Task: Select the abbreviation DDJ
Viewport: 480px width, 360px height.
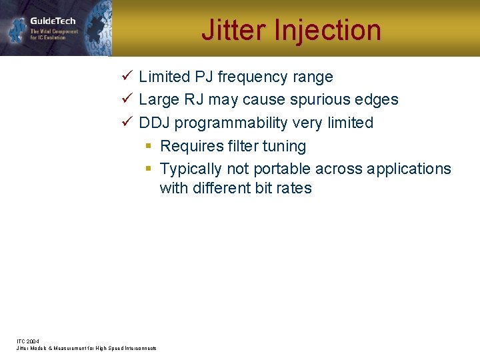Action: point(154,123)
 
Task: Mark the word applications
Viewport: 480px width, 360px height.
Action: point(407,169)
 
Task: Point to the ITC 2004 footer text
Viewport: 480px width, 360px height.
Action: point(28,341)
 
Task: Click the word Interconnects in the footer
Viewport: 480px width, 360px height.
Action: point(139,348)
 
